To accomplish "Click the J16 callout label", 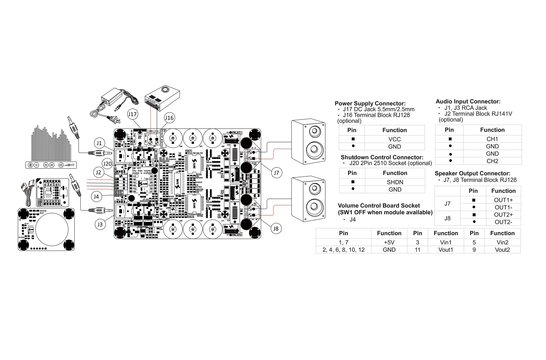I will click(x=169, y=118).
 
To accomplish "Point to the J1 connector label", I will click(x=99, y=143).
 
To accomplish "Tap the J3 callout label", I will click(x=101, y=226).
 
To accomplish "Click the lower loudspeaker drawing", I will click(x=307, y=199).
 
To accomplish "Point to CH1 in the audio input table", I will click(x=492, y=138).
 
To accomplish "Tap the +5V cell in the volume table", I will click(x=389, y=242).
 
